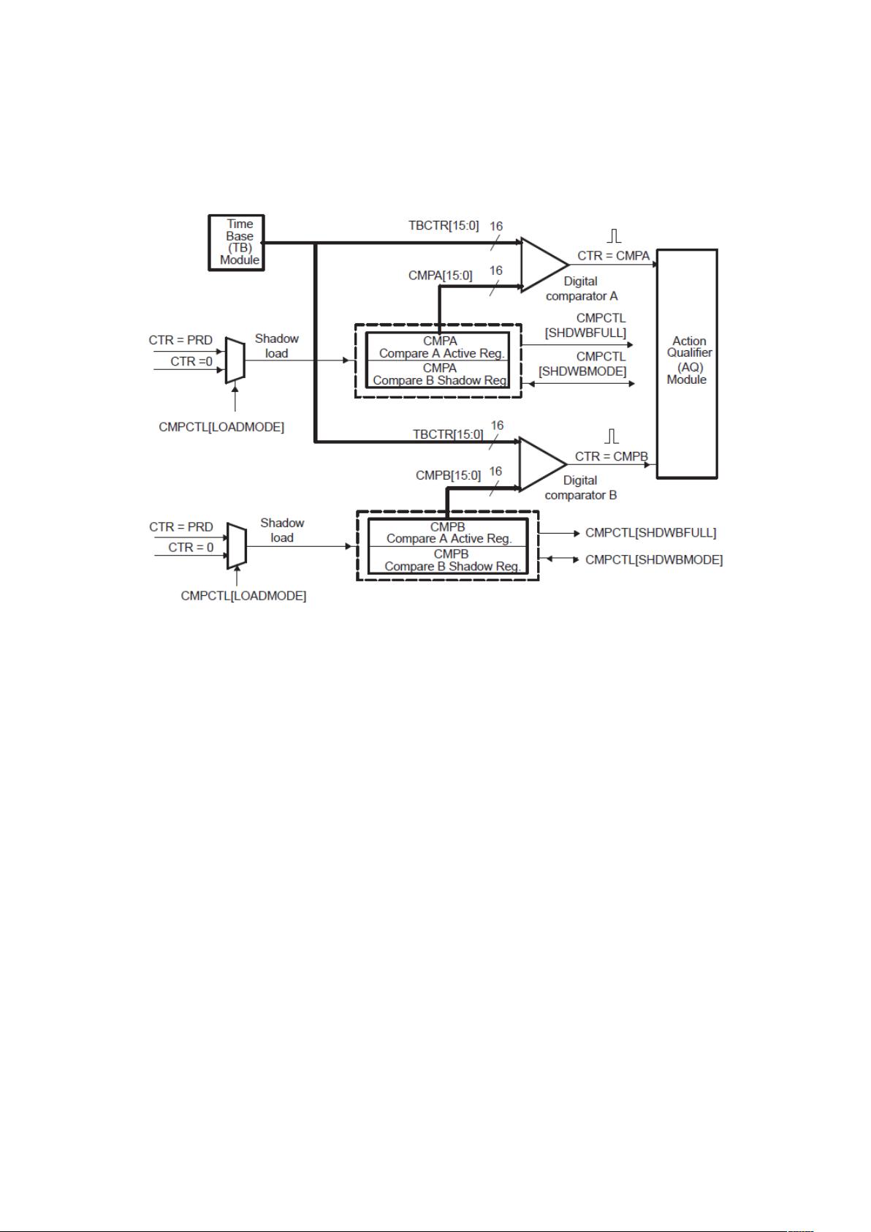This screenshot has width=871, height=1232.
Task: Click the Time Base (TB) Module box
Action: coord(236,242)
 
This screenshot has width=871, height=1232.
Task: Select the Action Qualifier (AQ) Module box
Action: coord(687,363)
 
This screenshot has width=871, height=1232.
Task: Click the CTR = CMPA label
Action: coord(613,256)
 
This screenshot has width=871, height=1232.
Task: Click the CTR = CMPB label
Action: coord(611,456)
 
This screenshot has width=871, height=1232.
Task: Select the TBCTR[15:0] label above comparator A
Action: coord(444,225)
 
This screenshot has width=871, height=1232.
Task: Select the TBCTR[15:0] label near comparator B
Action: coord(448,434)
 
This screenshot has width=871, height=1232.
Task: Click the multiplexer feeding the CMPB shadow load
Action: coord(236,545)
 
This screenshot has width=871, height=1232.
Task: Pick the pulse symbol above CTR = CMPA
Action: coord(615,235)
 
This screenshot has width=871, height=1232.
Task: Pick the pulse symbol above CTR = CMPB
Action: coord(612,436)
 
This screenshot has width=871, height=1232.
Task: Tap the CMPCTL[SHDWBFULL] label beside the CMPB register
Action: coord(650,532)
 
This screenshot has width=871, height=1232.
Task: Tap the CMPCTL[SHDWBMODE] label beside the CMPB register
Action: coord(654,560)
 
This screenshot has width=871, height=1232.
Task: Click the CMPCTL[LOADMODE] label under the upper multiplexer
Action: coord(221,427)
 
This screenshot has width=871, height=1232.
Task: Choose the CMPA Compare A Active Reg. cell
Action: coord(441,347)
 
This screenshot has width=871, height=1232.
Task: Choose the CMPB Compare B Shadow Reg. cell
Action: coord(452,560)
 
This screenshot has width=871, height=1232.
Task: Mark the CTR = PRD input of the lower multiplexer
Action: coord(181,527)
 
